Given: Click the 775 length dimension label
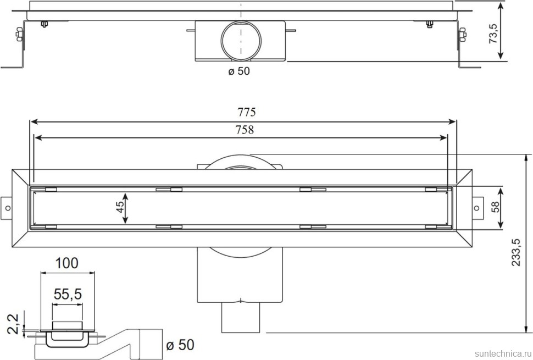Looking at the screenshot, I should (247, 112).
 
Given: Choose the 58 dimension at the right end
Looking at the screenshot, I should (495, 207).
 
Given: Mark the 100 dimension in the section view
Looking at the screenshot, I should (66, 263).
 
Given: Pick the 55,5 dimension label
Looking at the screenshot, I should (68, 295).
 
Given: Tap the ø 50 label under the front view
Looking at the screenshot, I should (238, 71).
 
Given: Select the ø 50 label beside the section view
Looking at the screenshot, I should (180, 345).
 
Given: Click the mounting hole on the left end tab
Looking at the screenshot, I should (8, 208).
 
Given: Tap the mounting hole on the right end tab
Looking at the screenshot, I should (475, 208).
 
